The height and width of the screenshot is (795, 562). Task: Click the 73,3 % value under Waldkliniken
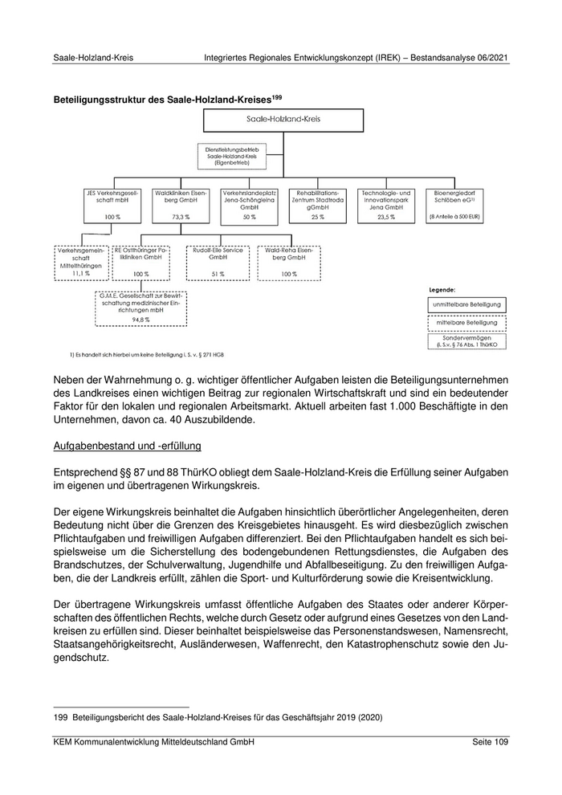180,218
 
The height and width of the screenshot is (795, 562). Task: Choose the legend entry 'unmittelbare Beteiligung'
467,304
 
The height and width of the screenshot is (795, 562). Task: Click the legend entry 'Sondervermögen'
467,341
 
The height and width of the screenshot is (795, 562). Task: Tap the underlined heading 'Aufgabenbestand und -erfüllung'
127,445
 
